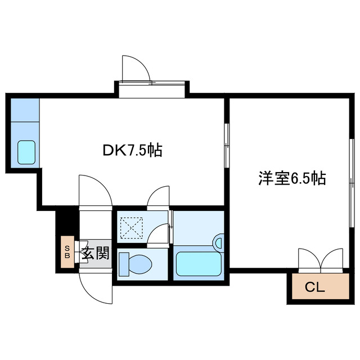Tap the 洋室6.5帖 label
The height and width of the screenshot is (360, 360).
pyautogui.click(x=292, y=178)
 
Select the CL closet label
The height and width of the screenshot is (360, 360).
pyautogui.click(x=314, y=288)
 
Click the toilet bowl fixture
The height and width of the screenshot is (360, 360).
pyautogui.click(x=136, y=263)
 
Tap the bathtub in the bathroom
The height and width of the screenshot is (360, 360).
pyautogui.click(x=200, y=263)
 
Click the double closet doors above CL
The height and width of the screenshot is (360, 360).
pyautogui.click(x=321, y=260)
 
